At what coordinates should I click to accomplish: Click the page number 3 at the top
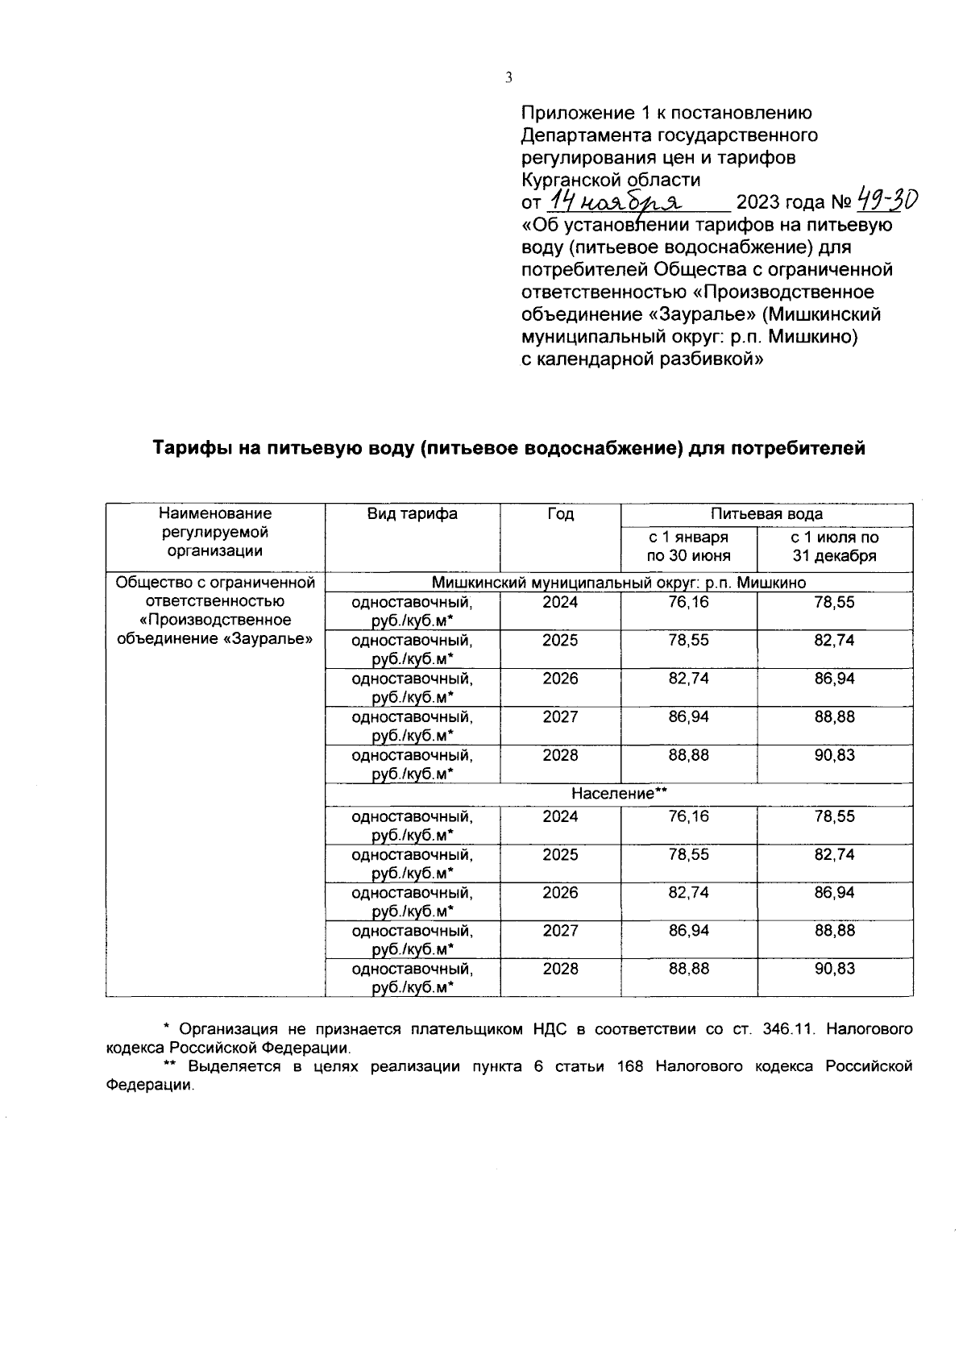pos(508,78)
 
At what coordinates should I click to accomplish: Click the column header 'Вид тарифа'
pos(412,514)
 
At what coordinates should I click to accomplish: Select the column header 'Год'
pos(560,514)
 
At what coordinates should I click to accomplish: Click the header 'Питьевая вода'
pos(766,514)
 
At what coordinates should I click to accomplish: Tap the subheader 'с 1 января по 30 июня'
pos(689,546)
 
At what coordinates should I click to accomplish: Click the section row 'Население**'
pos(619,794)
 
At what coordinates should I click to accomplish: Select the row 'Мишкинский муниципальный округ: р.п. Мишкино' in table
pos(619,583)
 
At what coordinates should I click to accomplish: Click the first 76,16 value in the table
pos(689,603)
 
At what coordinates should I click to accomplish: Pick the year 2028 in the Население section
pos(560,969)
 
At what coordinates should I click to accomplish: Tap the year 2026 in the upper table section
pos(560,679)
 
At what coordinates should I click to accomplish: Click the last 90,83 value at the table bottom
pos(834,969)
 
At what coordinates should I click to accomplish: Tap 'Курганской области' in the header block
pos(611,180)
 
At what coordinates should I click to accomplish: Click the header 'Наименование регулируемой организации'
pos(215,532)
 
